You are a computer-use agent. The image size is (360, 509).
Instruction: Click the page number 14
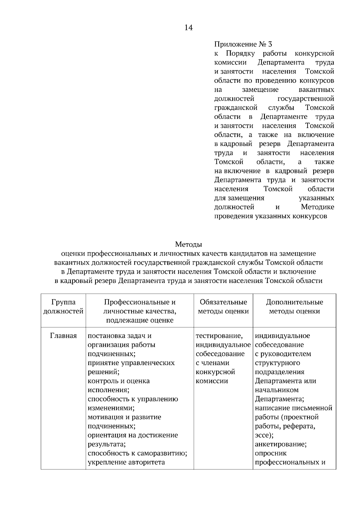(x=188, y=28)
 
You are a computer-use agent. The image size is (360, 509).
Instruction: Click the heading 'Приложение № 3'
(x=243, y=44)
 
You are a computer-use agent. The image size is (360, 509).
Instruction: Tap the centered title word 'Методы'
(x=188, y=244)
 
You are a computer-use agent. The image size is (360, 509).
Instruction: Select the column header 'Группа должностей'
(x=63, y=307)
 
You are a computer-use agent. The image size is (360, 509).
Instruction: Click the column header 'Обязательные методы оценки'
(x=223, y=307)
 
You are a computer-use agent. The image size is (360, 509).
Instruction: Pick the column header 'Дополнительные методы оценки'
(x=294, y=307)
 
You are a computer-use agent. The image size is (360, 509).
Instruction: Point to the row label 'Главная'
(x=63, y=336)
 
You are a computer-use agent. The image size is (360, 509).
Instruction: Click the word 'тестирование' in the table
(x=219, y=336)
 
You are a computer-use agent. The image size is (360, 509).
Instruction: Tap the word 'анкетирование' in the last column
(x=280, y=444)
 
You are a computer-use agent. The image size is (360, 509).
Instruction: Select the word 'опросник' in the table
(x=271, y=453)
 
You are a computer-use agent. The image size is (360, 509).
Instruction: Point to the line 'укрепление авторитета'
(x=126, y=462)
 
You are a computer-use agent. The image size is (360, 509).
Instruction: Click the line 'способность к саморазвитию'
(x=137, y=453)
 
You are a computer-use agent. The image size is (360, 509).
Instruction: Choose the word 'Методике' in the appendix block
(x=317, y=207)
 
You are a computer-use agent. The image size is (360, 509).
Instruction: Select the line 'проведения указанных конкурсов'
(x=270, y=216)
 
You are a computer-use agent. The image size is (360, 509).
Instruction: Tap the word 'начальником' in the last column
(x=277, y=390)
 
